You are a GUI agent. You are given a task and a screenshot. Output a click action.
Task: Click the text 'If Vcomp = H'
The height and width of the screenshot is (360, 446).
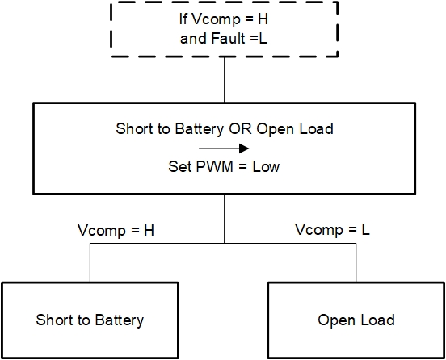[224, 19]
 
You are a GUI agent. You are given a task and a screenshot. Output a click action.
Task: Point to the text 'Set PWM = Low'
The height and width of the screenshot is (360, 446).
[224, 168]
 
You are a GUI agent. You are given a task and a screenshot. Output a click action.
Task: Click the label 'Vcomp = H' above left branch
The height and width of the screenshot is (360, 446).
[120, 230]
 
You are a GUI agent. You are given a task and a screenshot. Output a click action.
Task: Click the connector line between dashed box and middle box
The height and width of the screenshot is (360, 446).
[224, 80]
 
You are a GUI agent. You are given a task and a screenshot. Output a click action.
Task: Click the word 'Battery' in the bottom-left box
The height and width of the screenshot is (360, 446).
[118, 320]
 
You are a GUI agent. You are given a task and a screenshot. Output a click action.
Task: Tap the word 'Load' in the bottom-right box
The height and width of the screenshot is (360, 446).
[378, 320]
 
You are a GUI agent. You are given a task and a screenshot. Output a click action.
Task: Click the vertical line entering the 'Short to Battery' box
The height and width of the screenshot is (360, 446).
[90, 263]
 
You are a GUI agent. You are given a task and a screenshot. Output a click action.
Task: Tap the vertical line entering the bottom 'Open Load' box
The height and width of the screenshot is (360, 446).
[356, 263]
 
